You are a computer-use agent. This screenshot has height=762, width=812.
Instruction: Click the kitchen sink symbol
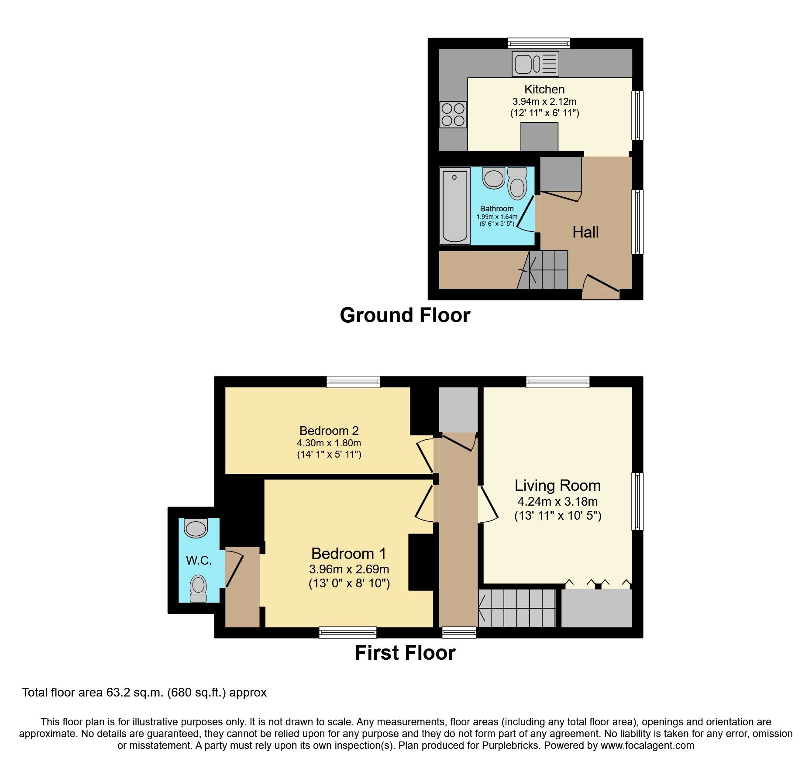535,64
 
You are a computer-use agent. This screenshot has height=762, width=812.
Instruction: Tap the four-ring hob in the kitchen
453,114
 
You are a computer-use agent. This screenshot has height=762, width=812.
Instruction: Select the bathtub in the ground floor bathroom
454,206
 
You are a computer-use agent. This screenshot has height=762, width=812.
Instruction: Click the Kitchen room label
544,89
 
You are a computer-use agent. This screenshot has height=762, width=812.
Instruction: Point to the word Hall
585,232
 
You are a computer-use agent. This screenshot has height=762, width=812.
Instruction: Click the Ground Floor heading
405,315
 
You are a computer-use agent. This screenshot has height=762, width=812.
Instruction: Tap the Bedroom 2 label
329,431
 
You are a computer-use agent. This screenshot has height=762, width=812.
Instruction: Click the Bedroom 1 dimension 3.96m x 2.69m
349,569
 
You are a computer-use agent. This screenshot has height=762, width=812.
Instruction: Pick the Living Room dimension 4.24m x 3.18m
557,501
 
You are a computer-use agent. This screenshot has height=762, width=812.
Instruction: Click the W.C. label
199,561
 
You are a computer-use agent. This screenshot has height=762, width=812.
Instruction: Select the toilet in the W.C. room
198,588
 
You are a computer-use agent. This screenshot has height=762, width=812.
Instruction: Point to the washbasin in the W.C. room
196,528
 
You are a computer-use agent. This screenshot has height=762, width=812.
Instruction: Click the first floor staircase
517,608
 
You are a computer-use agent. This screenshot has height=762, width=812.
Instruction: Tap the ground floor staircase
544,270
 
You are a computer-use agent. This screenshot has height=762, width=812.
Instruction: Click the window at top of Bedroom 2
353,383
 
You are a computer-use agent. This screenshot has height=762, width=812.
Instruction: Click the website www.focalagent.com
647,745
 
